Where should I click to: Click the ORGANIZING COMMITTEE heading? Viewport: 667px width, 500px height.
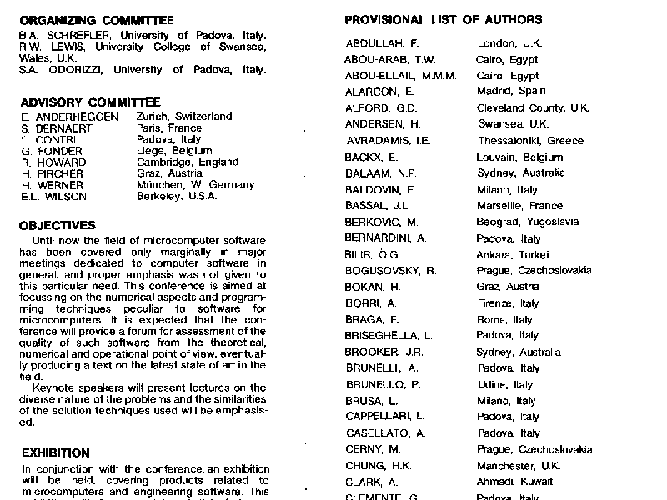click(97, 20)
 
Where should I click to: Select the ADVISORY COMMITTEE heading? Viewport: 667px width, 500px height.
click(90, 102)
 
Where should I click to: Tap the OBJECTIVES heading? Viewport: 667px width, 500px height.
click(57, 226)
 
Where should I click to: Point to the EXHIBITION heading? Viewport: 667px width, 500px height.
click(55, 453)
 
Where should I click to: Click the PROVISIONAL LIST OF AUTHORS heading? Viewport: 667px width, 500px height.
click(443, 20)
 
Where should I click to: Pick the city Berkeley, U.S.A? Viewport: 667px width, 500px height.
click(177, 197)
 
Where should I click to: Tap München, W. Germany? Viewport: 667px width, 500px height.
click(196, 185)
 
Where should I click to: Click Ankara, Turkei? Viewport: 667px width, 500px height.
click(514, 255)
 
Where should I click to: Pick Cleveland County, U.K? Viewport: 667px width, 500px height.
click(533, 108)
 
